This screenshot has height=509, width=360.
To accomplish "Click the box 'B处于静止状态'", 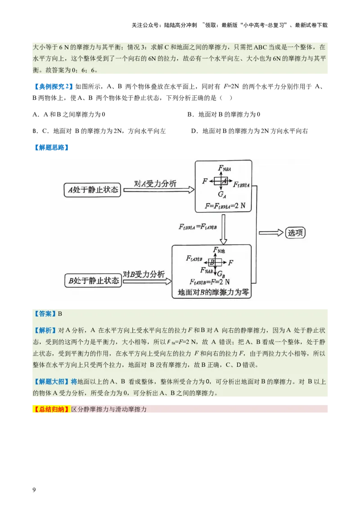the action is point(94,281).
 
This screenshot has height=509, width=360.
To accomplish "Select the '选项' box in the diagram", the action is point(297,232).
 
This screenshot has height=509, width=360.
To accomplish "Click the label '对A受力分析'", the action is point(155,183).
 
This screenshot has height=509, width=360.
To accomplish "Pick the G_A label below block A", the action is point(222,195).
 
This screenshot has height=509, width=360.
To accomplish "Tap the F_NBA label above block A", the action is point(225,168).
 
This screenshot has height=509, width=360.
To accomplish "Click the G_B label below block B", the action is point(220,274).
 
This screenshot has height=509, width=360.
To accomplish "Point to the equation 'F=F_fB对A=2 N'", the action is point(225,206).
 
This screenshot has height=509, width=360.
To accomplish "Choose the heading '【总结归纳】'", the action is point(52,409).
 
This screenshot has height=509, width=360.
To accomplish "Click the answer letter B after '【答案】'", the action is point(60,314).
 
